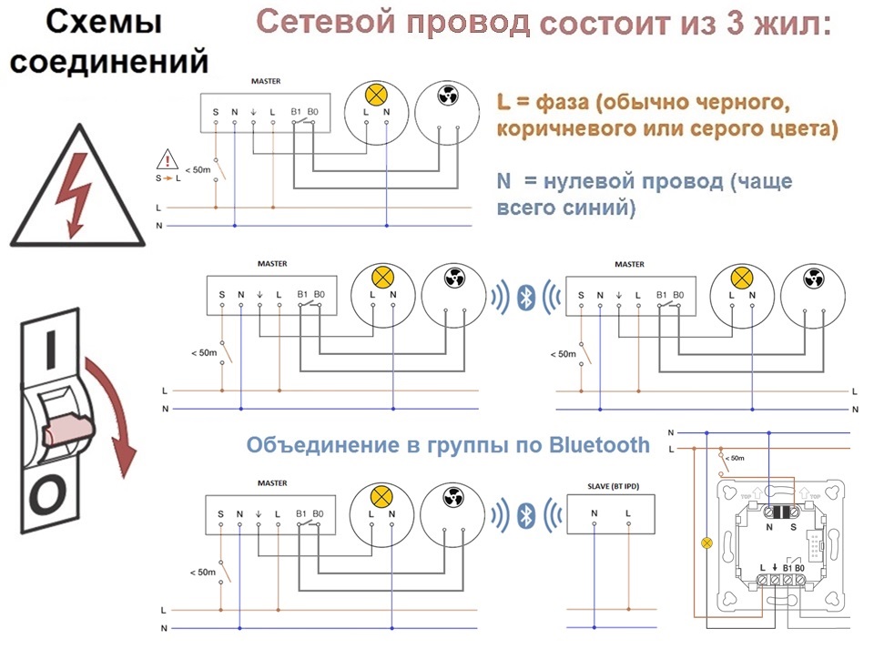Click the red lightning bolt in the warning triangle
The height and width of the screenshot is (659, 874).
[x=76, y=192]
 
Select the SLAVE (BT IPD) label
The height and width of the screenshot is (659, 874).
[x=613, y=486]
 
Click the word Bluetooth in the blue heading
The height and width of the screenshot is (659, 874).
[x=599, y=445]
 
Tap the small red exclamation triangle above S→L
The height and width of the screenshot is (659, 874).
[x=168, y=159]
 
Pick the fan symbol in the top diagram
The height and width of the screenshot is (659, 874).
[x=448, y=96]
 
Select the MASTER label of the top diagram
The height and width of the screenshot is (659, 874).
[x=266, y=81]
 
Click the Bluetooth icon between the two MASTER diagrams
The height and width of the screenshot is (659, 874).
[x=525, y=297]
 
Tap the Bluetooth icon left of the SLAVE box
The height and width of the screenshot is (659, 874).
[x=525, y=516]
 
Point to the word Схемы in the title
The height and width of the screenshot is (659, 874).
[x=104, y=22]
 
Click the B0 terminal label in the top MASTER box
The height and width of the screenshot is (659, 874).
[x=312, y=111]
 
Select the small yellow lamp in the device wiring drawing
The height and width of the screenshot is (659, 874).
[x=706, y=542]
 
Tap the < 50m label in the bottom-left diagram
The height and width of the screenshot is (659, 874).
[x=202, y=573]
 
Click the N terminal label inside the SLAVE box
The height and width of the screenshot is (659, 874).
[x=595, y=513]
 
